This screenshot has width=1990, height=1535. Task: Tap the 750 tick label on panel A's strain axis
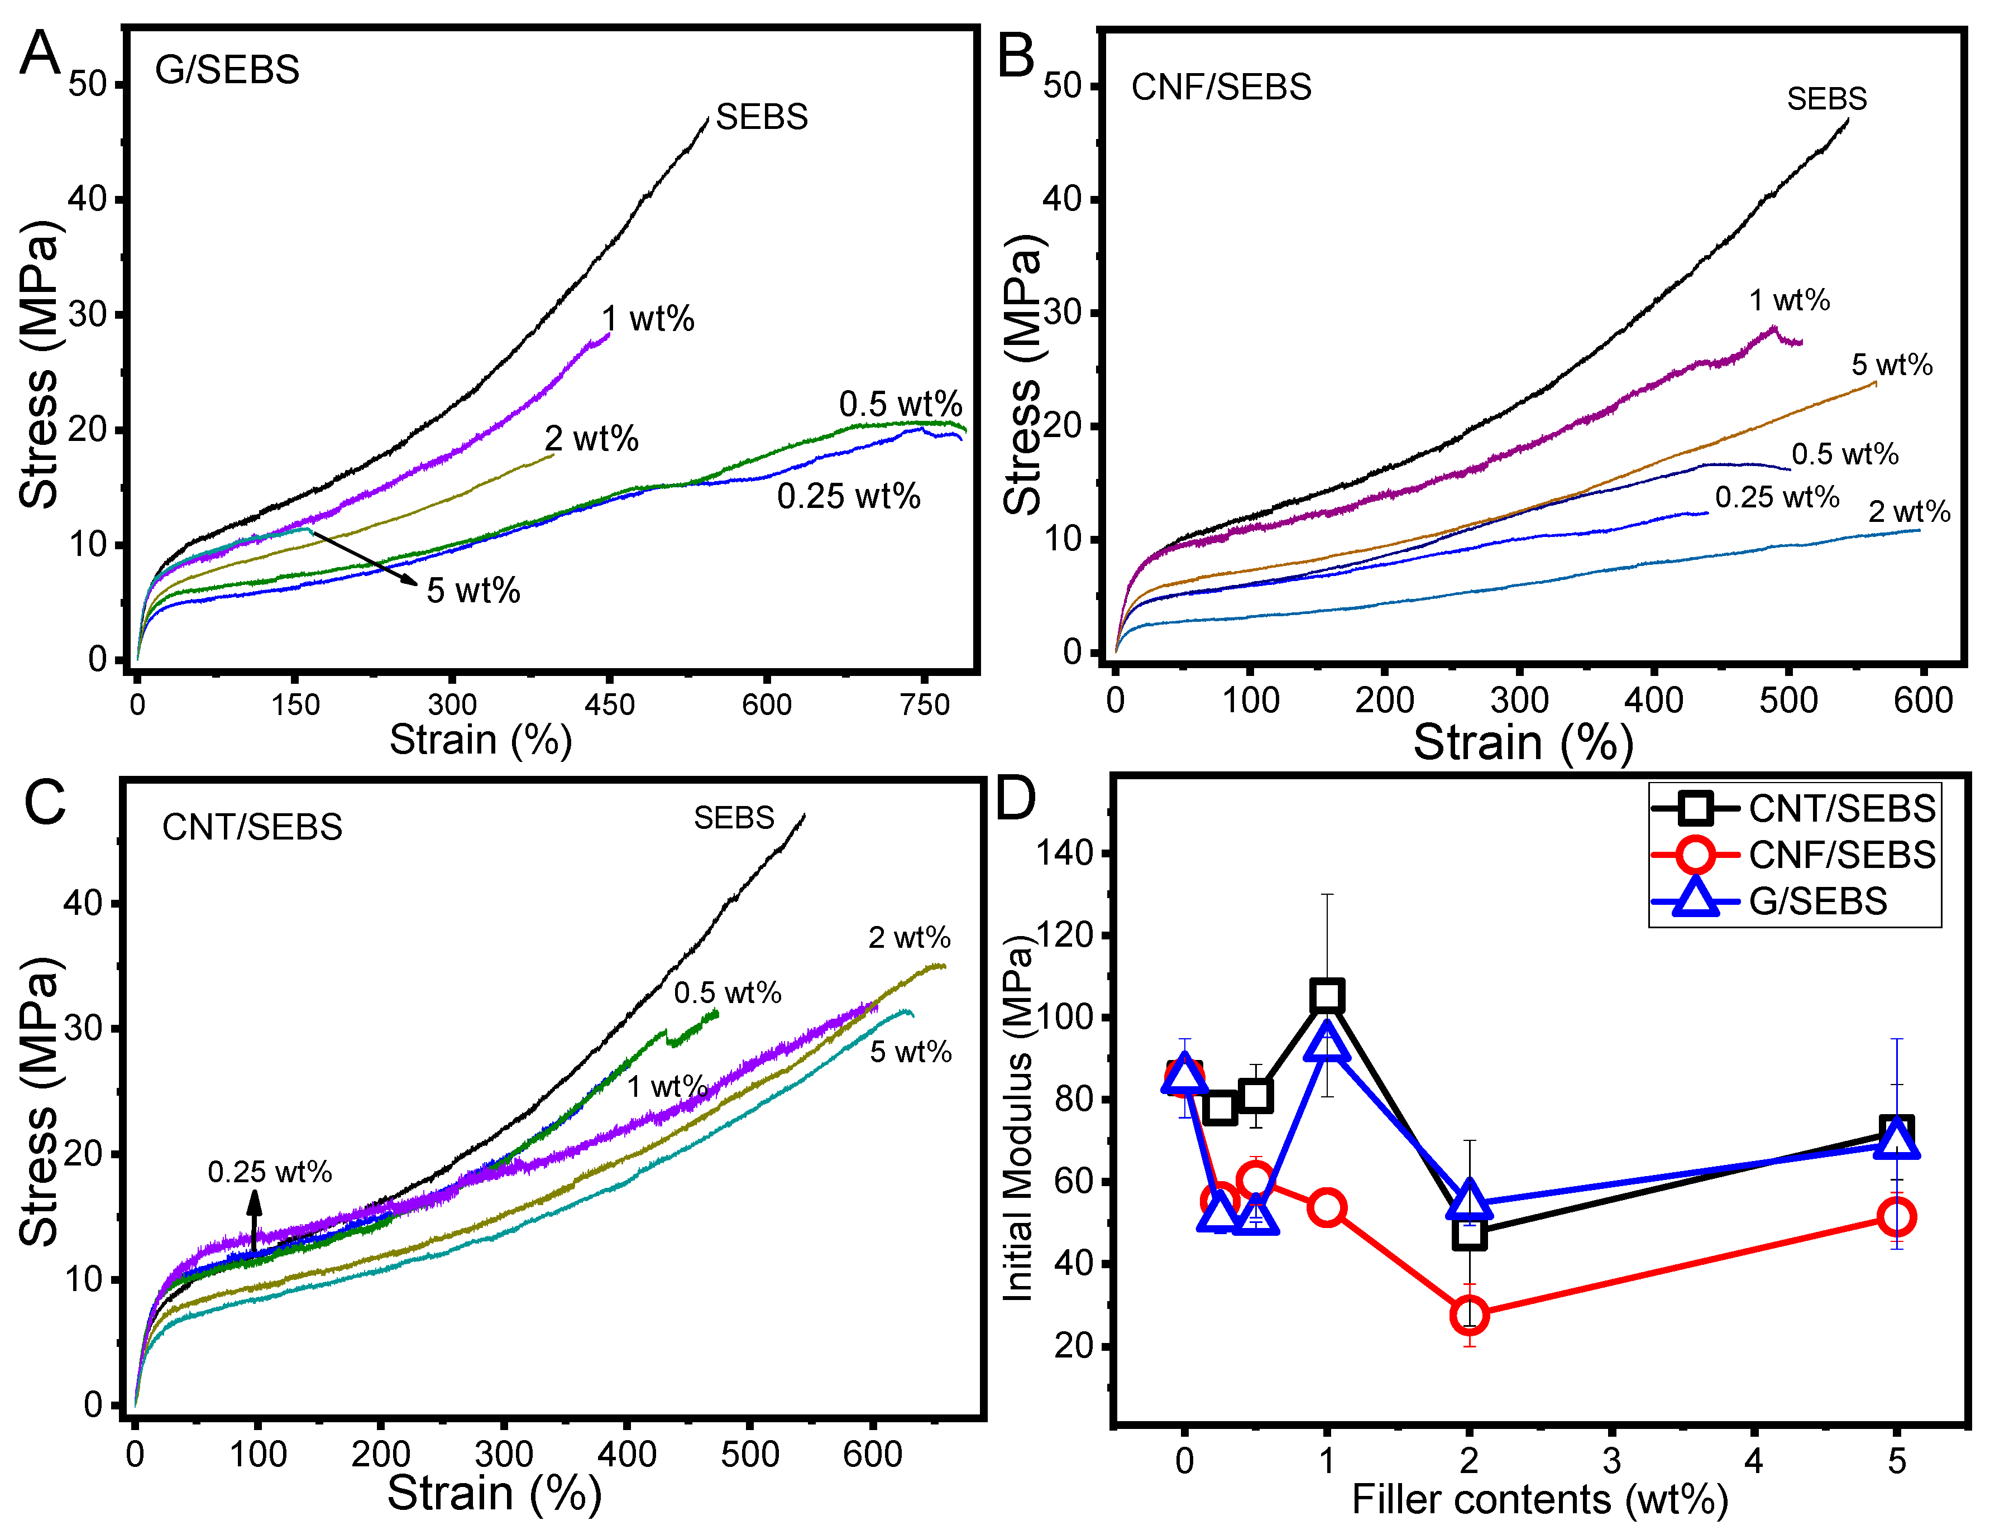[x=925, y=705]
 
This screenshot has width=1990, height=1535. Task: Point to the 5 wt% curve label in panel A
[x=473, y=591]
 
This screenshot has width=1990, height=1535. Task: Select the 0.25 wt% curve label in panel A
[x=848, y=496]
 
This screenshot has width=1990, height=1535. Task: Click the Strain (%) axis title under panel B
[x=1523, y=742]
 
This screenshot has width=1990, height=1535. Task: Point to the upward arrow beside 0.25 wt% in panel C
[x=254, y=1221]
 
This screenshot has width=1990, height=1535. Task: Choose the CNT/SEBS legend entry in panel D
[x=1840, y=809]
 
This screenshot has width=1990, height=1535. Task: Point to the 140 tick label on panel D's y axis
[x=1063, y=853]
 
